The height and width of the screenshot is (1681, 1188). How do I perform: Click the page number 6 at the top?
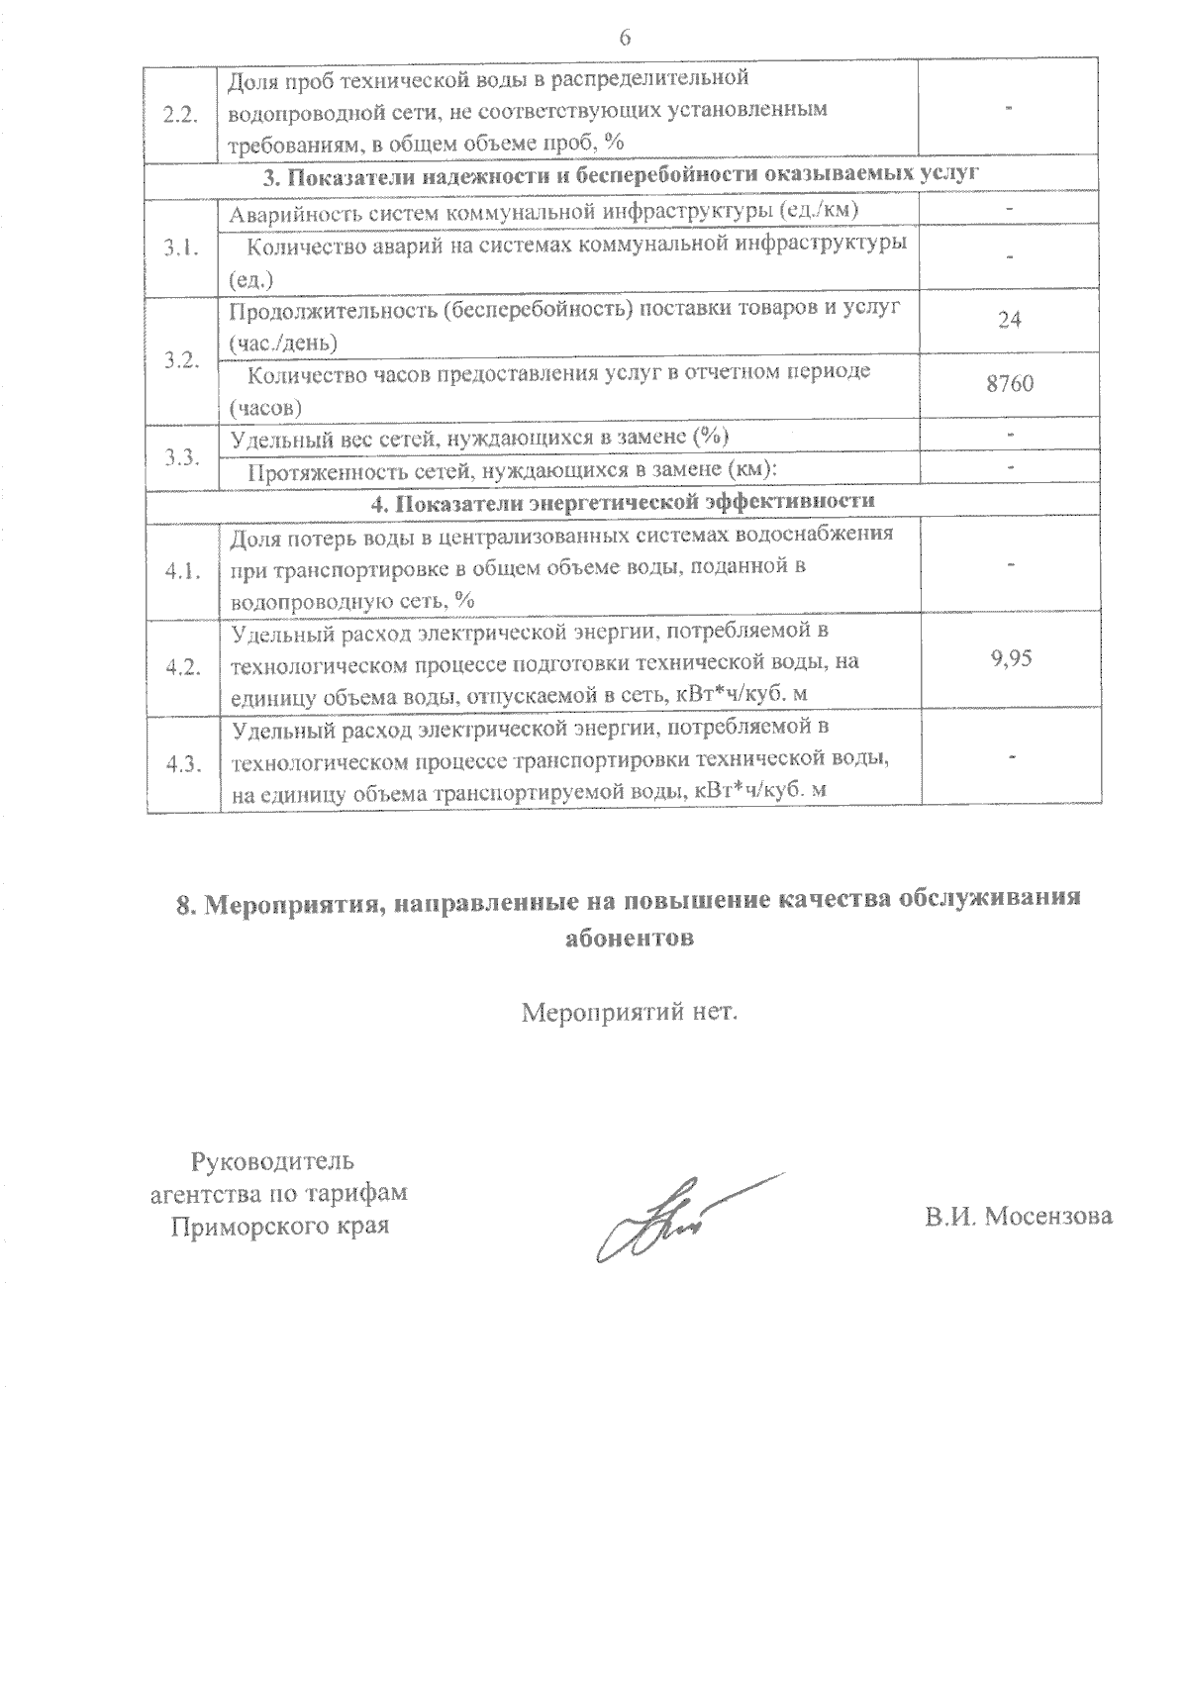point(624,39)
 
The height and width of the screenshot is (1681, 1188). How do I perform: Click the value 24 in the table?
point(1010,321)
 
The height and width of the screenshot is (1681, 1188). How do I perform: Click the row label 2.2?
point(182,113)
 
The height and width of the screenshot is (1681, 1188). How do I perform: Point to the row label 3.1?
point(182,248)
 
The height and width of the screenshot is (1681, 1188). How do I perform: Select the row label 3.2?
point(182,359)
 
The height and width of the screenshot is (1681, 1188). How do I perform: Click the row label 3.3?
point(182,456)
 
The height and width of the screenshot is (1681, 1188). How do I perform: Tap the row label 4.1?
point(182,571)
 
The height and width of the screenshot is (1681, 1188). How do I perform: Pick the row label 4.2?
point(182,667)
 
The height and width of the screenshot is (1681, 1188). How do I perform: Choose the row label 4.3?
point(182,763)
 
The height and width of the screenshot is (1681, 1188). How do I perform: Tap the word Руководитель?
point(272,1160)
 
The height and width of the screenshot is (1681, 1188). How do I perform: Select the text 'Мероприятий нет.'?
point(630,1013)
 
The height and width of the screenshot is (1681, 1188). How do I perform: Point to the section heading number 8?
point(182,903)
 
